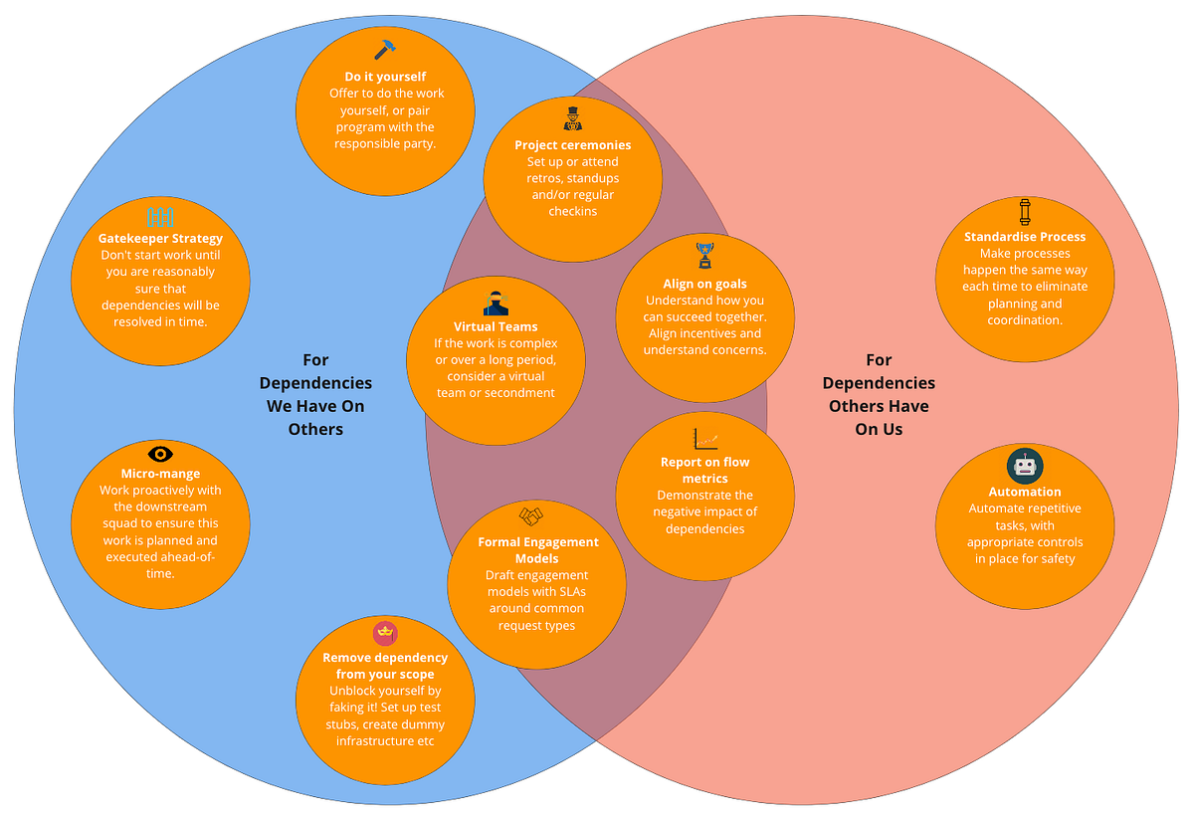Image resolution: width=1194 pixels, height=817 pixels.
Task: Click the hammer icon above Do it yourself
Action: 384,51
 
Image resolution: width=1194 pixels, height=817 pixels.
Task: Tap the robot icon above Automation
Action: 1024,466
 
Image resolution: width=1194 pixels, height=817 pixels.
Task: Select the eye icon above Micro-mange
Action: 160,454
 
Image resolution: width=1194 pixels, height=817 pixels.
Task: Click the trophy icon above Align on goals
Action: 704,255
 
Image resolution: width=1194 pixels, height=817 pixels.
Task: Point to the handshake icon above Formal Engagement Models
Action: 531,516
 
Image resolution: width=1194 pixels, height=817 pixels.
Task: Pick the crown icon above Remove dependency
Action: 385,632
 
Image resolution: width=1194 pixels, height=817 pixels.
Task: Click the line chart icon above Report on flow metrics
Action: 705,437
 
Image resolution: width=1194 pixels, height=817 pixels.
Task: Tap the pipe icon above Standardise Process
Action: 1025,212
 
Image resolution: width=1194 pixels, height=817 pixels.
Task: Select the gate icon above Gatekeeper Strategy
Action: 160,216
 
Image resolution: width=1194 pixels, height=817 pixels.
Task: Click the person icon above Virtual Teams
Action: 496,304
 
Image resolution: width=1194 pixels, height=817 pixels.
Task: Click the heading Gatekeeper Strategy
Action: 160,239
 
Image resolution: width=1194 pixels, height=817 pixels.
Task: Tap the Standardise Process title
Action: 1025,237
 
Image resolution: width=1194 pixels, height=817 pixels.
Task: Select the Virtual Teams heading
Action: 496,326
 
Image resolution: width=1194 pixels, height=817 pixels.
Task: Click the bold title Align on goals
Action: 704,284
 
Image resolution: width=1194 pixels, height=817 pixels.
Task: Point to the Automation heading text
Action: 1025,492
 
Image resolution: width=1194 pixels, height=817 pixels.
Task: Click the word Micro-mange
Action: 160,474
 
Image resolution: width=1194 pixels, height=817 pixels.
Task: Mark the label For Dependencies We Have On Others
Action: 315,395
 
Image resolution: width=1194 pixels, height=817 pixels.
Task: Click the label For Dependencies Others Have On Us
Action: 879,395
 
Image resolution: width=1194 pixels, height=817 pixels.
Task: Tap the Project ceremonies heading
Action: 572,145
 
